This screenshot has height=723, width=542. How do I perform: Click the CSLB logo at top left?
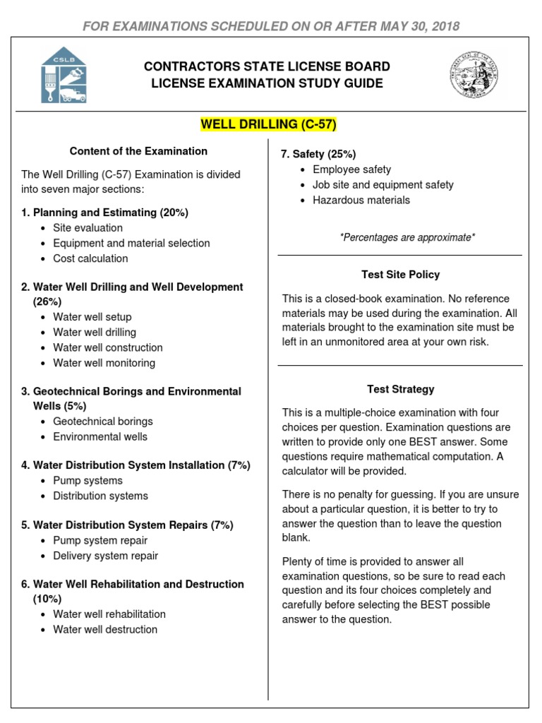[64, 76]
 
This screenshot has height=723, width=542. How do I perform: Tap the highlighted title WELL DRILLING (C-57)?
[269, 124]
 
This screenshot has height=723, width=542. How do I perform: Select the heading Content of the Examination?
[138, 151]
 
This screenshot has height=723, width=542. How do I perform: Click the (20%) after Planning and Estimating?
[174, 213]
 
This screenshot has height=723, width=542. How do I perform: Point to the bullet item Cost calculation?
[90, 258]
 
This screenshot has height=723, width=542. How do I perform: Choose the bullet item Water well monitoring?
[104, 363]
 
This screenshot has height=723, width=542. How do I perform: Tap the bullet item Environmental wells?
[100, 436]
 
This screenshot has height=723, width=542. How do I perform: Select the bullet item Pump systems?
[88, 481]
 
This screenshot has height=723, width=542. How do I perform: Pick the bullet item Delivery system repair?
[105, 556]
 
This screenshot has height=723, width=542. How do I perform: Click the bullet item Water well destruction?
[105, 629]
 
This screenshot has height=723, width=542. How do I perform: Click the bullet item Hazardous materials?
[361, 200]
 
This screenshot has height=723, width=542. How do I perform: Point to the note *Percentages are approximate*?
[407, 237]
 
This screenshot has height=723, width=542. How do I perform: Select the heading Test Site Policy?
[400, 275]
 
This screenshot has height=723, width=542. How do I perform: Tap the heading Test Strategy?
[400, 389]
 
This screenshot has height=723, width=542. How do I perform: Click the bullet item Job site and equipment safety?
[383, 185]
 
